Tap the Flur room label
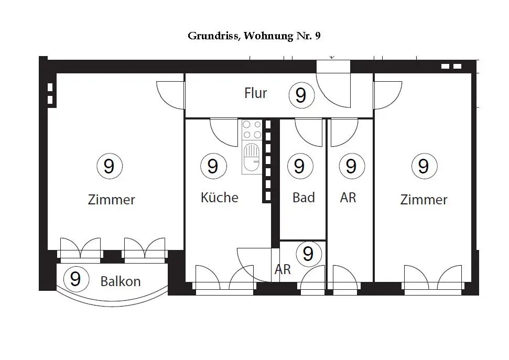pyautogui.click(x=255, y=93)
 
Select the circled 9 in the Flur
pyautogui.click(x=301, y=95)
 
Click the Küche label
pyautogui.click(x=219, y=198)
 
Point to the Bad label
pyautogui.click(x=304, y=198)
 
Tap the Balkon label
pyautogui.click(x=121, y=281)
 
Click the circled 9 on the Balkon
pyautogui.click(x=75, y=279)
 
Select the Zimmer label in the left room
pyautogui.click(x=111, y=200)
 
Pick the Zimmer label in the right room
pyautogui.click(x=424, y=200)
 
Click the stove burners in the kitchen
pyautogui.click(x=252, y=129)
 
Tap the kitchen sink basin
pyautogui.click(x=252, y=155)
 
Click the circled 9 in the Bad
pyautogui.click(x=299, y=166)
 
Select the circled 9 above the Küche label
pyautogui.click(x=213, y=166)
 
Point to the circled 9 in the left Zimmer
pyautogui.click(x=109, y=166)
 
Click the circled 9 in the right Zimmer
pyautogui.click(x=424, y=166)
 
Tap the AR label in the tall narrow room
pyautogui.click(x=348, y=198)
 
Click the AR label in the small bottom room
pyautogui.click(x=283, y=269)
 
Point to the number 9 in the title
pyautogui.click(x=318, y=36)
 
